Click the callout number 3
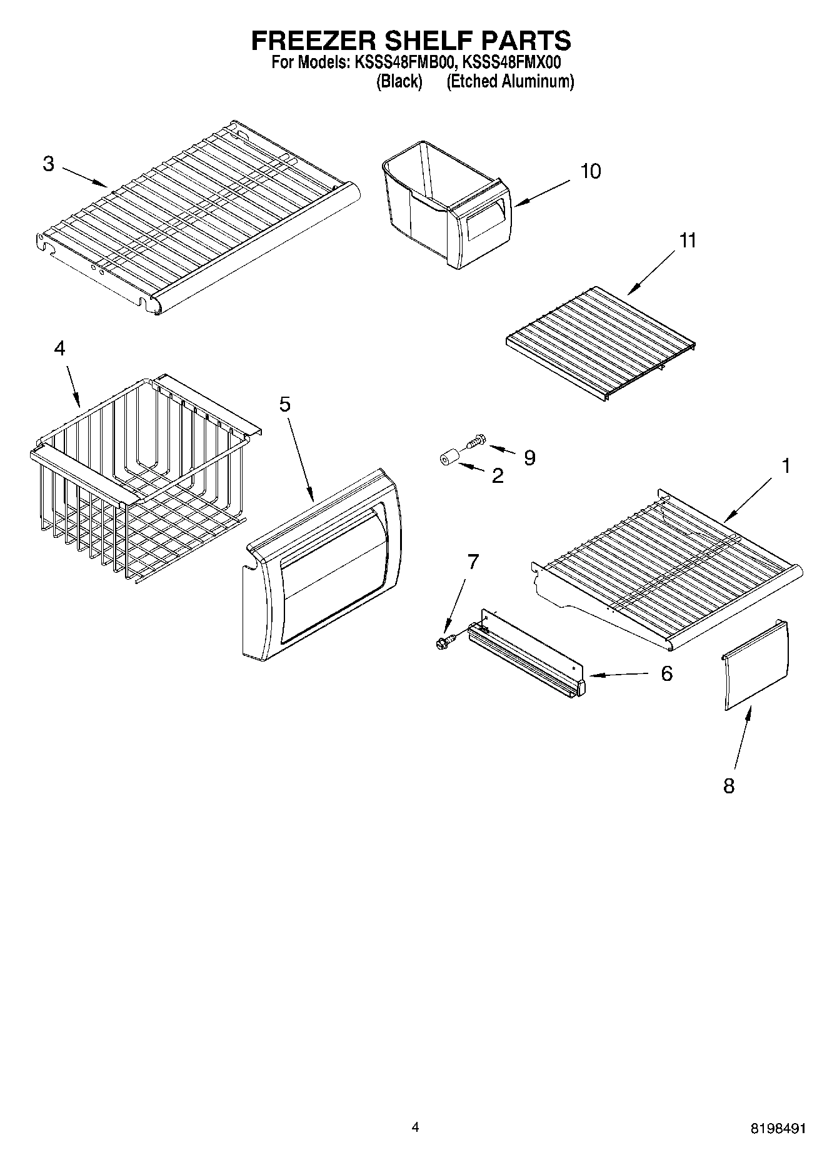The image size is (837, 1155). (x=49, y=164)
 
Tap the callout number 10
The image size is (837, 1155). (x=590, y=171)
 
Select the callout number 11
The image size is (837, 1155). (x=688, y=240)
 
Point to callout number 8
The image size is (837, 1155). (x=729, y=786)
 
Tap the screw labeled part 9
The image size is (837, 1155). (x=475, y=441)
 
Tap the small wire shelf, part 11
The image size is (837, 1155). (x=600, y=344)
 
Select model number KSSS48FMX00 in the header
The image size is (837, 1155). (x=512, y=62)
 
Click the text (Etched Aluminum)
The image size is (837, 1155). (x=509, y=81)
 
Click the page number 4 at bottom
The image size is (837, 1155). (x=415, y=1127)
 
